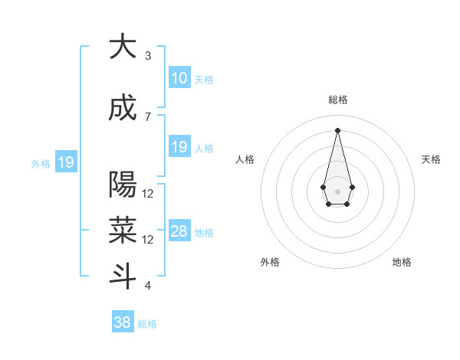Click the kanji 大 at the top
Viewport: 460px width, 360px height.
click(x=122, y=47)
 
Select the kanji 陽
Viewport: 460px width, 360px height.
click(x=122, y=185)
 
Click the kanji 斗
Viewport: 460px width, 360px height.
click(x=122, y=277)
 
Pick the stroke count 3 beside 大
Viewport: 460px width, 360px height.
click(x=148, y=56)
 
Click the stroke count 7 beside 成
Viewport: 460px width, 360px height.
click(x=148, y=116)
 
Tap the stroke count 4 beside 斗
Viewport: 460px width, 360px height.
click(x=148, y=286)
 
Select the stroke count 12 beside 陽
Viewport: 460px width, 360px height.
click(x=148, y=194)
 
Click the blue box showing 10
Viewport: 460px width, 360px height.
click(x=179, y=78)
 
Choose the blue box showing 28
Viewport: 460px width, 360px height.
click(x=179, y=231)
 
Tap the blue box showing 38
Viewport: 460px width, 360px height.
click(x=122, y=322)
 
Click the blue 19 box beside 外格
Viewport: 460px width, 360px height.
click(x=65, y=162)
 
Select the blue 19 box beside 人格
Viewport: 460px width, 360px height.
click(x=179, y=147)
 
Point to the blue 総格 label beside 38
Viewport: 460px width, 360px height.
click(x=147, y=324)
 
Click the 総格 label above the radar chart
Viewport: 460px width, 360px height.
click(x=338, y=100)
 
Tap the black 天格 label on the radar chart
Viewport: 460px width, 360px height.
click(x=432, y=159)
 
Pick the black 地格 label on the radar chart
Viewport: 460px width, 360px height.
click(x=402, y=262)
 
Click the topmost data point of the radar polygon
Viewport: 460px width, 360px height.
click(x=337, y=129)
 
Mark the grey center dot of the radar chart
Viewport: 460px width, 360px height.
click(x=337, y=190)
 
